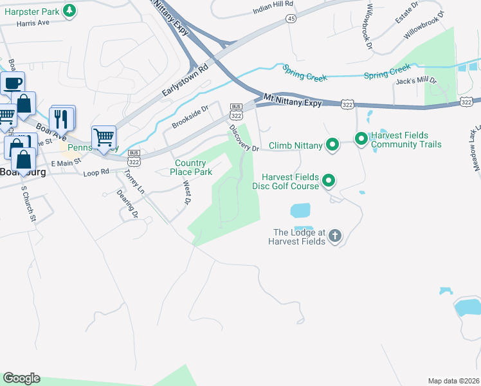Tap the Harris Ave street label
pos(33,23)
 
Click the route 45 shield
pos(291,19)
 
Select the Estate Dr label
pos(408,15)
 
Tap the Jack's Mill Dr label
pos(417,82)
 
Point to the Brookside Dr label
pos(190,117)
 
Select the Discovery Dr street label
pos(244,138)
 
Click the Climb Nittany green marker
pos(332,145)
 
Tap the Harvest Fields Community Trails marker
pos(361,138)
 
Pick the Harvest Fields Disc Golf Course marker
pos(329,181)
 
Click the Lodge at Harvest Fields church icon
pos(334,236)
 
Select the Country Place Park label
pos(190,167)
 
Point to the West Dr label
pos(187,192)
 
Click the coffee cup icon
pos(13,84)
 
